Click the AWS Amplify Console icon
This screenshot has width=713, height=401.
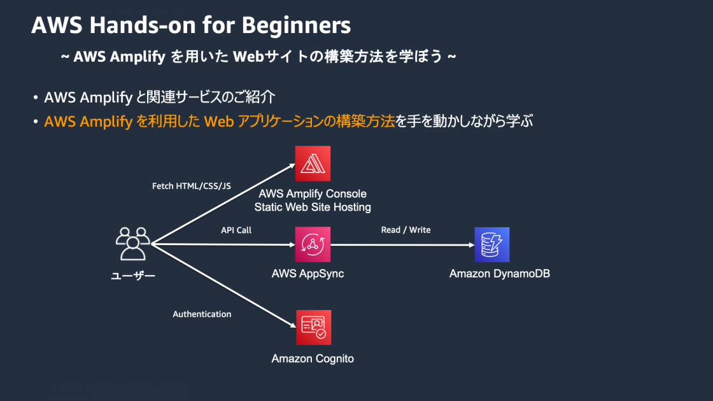point(313,164)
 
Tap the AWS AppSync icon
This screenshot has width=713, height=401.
point(313,244)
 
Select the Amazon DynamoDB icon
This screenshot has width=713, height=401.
point(491,244)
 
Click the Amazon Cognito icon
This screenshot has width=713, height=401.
point(313,327)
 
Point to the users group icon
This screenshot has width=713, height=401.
point(133,243)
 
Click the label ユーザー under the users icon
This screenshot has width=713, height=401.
point(133,276)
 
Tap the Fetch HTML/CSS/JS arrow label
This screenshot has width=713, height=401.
point(191,186)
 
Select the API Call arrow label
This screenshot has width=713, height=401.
point(236,230)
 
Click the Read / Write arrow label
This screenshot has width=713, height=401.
point(406,230)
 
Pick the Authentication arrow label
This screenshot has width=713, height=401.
point(202,314)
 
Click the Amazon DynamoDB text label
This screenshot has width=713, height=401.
point(499,274)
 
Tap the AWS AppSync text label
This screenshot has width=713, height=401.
point(307,274)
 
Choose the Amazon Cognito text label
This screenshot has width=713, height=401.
point(313,358)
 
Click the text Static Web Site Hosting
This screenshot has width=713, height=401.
point(313,207)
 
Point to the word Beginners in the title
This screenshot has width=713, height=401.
point(297,25)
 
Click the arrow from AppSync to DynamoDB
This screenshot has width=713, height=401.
point(401,244)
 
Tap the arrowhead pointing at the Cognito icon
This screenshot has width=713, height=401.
point(291,325)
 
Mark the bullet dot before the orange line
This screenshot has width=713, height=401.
point(36,122)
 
